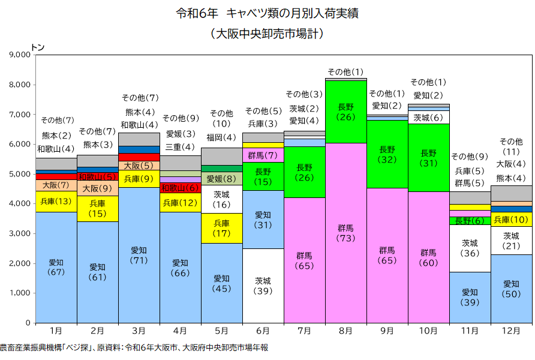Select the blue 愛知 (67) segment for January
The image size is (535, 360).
[x=56, y=267]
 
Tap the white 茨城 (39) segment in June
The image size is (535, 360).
[x=263, y=286]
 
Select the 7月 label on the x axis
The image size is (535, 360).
[x=304, y=331]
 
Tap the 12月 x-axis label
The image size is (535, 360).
[x=511, y=331]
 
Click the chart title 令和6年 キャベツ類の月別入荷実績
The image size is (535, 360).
[x=267, y=13]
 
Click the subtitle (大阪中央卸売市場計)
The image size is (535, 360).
[x=267, y=34]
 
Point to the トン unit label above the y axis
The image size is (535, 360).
[x=37, y=46]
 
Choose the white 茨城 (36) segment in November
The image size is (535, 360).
[x=470, y=248]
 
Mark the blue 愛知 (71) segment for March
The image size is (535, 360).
[x=139, y=255]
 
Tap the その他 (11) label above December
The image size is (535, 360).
[x=511, y=147]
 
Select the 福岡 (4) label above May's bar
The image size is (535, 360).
[x=221, y=138]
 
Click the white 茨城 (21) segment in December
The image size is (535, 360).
[x=511, y=241]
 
